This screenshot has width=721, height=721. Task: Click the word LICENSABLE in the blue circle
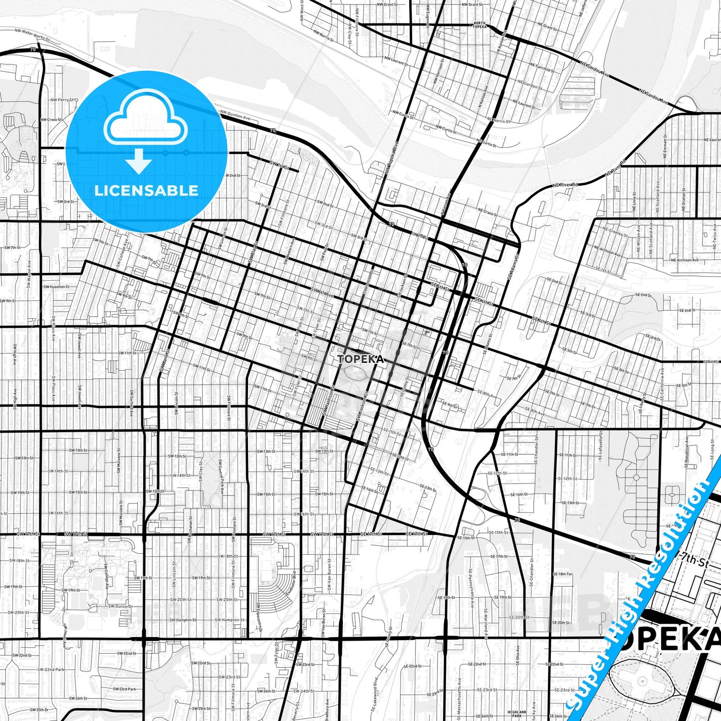[146, 191]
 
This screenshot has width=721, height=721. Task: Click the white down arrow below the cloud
[139, 162]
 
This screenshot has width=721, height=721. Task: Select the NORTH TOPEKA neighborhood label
[479, 25]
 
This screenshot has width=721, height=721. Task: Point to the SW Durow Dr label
[122, 607]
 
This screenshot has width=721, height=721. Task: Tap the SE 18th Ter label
[562, 574]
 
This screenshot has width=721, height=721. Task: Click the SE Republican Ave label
[687, 452]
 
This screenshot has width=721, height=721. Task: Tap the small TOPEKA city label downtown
[361, 359]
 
